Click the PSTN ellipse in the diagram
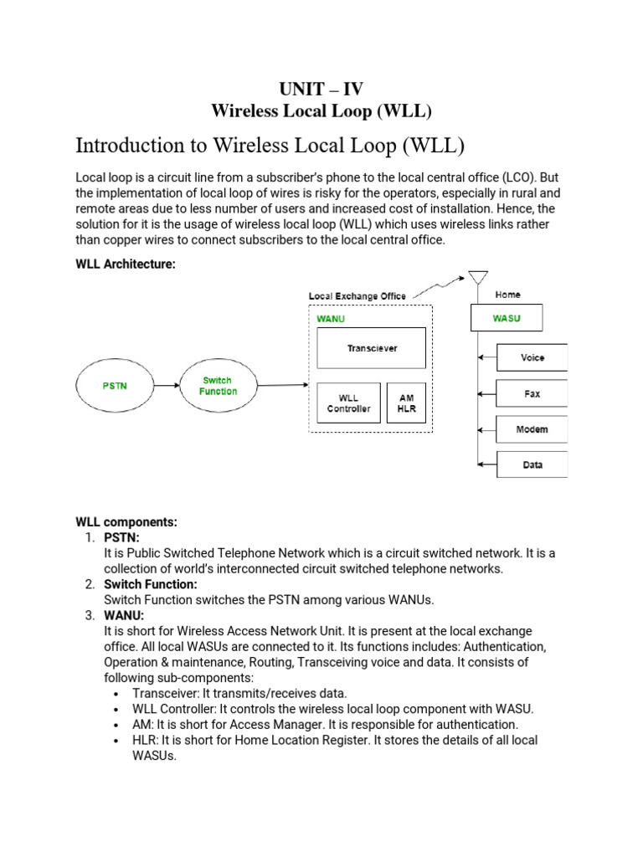pyautogui.click(x=116, y=386)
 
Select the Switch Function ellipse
pyautogui.click(x=218, y=386)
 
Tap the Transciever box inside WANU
pyautogui.click(x=372, y=348)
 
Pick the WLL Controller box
pyautogui.click(x=348, y=403)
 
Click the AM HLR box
pyautogui.click(x=406, y=403)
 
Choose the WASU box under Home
pyautogui.click(x=507, y=317)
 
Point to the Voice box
pyautogui.click(x=532, y=357)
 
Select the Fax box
pyautogui.click(x=532, y=393)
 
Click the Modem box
pyautogui.click(x=532, y=429)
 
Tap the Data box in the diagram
pyautogui.click(x=532, y=464)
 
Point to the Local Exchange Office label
pyautogui.click(x=358, y=296)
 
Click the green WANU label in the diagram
pyautogui.click(x=331, y=318)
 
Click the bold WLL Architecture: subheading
pyautogui.click(x=126, y=264)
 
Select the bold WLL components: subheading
pyautogui.click(x=126, y=521)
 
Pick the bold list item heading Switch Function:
pyautogui.click(x=150, y=584)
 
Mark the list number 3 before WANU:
pyautogui.click(x=90, y=615)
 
